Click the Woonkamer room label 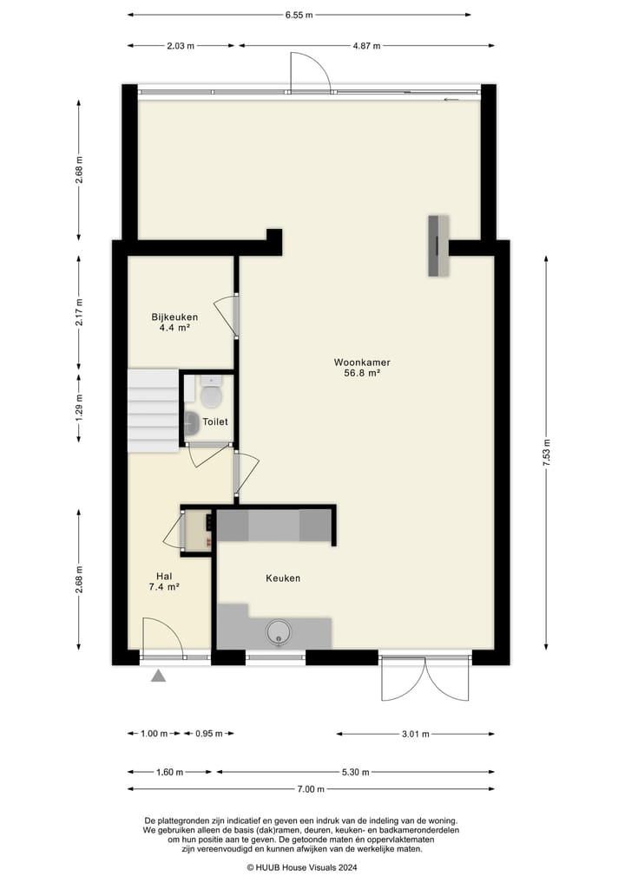362,362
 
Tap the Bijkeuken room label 174,317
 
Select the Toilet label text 215,421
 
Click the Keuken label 283,578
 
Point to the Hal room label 164,576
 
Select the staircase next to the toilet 153,411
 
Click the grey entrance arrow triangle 158,676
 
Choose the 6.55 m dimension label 299,15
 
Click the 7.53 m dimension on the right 546,451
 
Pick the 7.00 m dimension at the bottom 310,788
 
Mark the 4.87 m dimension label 366,46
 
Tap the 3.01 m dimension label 415,734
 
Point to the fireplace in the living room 438,245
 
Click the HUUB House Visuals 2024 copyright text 302,866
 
